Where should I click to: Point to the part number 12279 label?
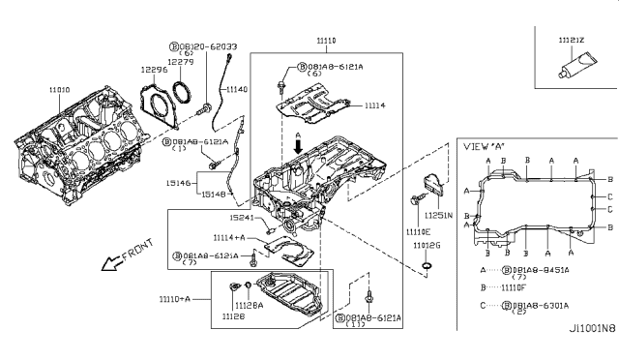click(x=181, y=61)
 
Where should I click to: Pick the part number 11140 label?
click(x=237, y=89)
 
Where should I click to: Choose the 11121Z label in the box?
click(x=572, y=41)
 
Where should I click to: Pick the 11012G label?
click(x=427, y=246)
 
